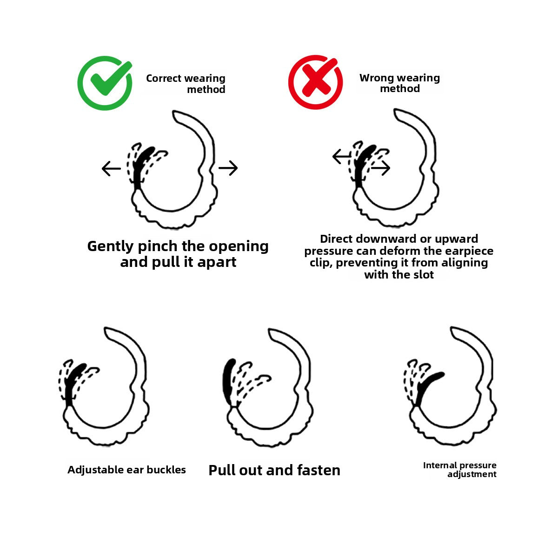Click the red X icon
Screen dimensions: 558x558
[315, 82]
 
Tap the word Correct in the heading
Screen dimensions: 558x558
[164, 79]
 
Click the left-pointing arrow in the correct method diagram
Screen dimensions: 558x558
[111, 168]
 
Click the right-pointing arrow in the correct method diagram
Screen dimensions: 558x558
[228, 168]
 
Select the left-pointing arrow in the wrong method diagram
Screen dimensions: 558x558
[342, 156]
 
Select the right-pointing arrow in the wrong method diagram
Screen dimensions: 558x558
[380, 168]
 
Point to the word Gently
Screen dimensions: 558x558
[110, 247]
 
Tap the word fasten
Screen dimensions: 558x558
[319, 470]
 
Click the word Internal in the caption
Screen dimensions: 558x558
[441, 465]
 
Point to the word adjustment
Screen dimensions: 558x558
[472, 474]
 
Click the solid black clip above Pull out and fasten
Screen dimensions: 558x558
[228, 382]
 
